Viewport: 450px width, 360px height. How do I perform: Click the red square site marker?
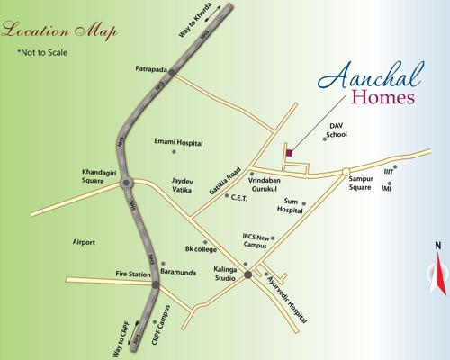click(x=289, y=153)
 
